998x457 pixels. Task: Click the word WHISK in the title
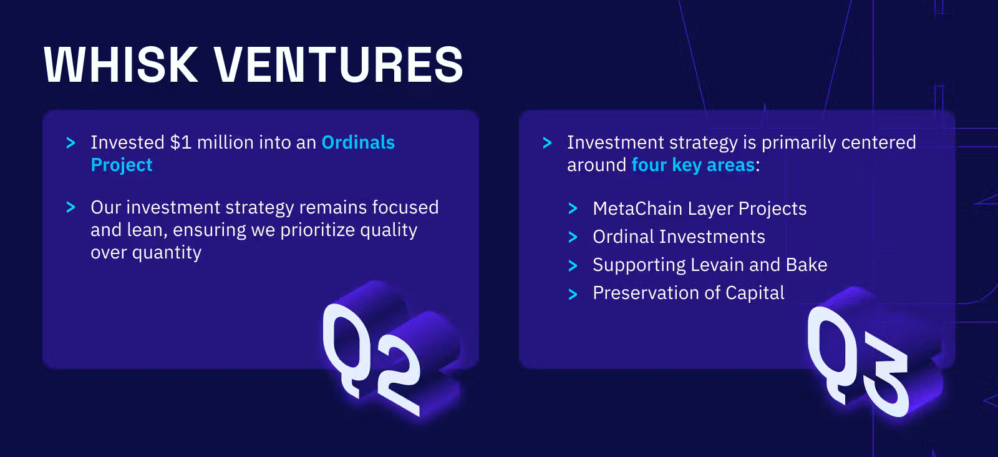click(x=121, y=65)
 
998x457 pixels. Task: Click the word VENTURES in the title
click(x=339, y=65)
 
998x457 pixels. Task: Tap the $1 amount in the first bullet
click(x=180, y=143)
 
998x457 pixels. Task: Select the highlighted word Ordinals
click(x=358, y=143)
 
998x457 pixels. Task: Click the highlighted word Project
click(x=122, y=165)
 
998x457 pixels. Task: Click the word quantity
click(x=167, y=253)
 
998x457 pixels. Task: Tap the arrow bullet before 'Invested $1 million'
click(x=71, y=143)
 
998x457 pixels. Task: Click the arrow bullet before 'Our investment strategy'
click(x=71, y=207)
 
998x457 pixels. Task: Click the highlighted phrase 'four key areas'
click(x=693, y=165)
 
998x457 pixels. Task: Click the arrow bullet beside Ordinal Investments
click(x=573, y=237)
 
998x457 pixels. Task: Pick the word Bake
click(x=807, y=265)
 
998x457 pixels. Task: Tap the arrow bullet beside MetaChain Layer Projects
click(x=573, y=209)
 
